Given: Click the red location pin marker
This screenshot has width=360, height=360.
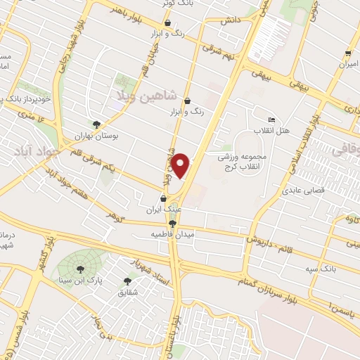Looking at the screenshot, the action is point(181,165).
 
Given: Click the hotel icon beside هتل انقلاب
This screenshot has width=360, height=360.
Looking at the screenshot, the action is point(272,119).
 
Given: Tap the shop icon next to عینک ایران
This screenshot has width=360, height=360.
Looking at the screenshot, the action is point(163,199).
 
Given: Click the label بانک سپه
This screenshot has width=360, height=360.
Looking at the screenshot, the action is point(323,269).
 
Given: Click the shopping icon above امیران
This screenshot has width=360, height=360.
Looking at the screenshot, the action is point(347,54).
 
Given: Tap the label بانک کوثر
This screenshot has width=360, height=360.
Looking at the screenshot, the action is point(176,4).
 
